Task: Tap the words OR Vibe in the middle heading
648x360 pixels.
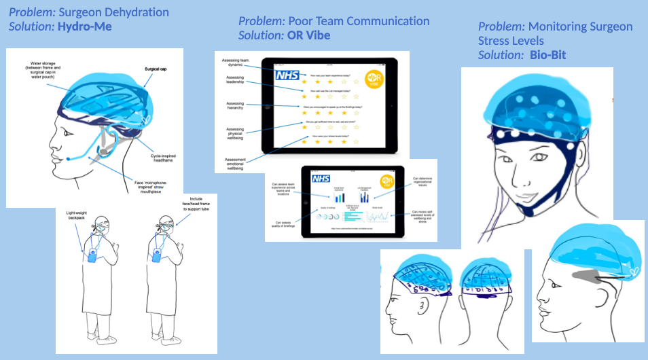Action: click(304, 35)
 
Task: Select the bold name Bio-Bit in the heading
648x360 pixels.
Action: click(549, 54)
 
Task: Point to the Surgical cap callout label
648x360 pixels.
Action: click(158, 69)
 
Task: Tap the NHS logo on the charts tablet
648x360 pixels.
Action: click(321, 179)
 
